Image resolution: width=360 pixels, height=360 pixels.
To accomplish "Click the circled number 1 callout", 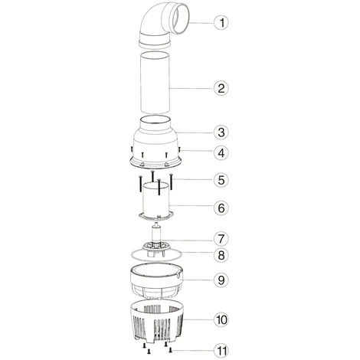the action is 221,23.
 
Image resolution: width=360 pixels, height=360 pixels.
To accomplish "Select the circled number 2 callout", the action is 221,88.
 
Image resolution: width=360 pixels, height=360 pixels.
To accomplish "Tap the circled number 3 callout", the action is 221,133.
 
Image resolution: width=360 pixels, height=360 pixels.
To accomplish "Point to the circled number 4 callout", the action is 221,153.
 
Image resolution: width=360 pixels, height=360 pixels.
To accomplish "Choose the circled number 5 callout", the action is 221,180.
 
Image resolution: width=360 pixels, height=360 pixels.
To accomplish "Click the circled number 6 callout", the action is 221,208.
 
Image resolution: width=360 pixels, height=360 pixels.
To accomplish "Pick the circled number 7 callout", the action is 221,239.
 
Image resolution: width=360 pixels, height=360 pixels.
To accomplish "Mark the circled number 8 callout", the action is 221,255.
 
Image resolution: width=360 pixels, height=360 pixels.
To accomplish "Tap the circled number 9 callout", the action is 221,280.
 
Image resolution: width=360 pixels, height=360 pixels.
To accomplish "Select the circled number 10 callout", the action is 221,319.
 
